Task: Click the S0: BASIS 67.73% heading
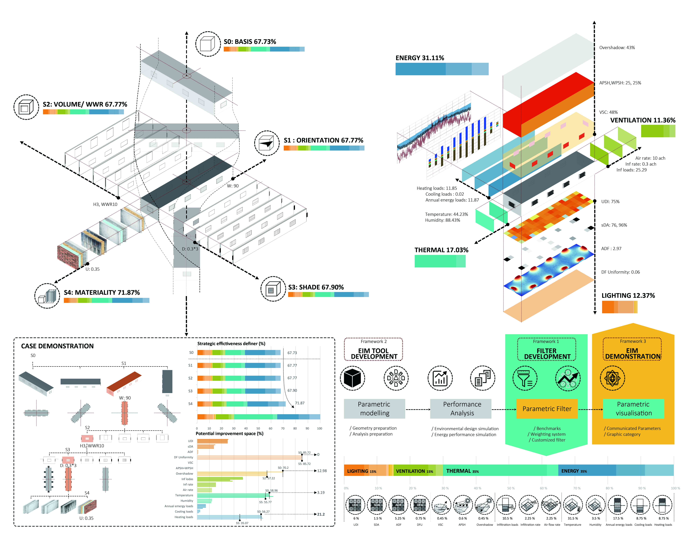tap(250, 42)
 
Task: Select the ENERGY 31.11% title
tap(420, 58)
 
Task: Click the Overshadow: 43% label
tap(617, 48)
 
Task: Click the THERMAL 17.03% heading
tap(441, 250)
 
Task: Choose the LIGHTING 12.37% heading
tap(628, 296)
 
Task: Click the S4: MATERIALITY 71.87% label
tap(102, 292)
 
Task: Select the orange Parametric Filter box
tap(547, 409)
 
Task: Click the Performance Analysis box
tap(462, 409)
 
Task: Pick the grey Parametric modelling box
tap(374, 409)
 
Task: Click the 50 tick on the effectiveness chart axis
tap(258, 428)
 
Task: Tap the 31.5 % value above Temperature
tap(573, 518)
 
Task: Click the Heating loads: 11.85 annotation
tap(437, 188)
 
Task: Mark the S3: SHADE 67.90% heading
tap(316, 287)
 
